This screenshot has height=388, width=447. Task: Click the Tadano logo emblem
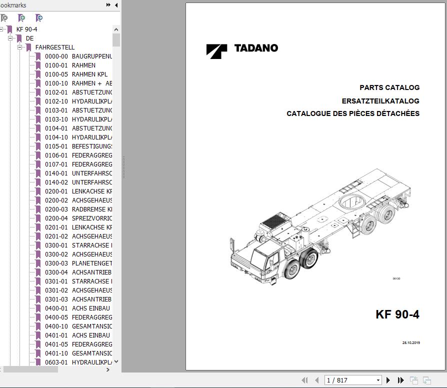[216, 51]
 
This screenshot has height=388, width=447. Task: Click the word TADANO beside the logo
[256, 48]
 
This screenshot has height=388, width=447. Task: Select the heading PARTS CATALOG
[389, 87]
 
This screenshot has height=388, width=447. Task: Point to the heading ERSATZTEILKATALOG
[380, 101]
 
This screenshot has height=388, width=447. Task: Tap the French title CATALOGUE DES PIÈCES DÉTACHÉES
[353, 113]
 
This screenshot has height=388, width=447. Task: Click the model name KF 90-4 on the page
[397, 314]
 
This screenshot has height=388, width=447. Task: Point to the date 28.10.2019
[411, 343]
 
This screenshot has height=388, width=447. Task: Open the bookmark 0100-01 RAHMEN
[70, 65]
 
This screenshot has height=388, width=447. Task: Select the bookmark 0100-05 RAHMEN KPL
[76, 74]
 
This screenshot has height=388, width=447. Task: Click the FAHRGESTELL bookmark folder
[54, 47]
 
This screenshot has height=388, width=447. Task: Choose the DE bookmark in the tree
[30, 38]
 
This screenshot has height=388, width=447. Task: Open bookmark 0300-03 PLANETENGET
[78, 263]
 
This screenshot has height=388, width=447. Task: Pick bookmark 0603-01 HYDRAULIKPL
[78, 362]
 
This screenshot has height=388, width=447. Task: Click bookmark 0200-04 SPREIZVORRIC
[78, 218]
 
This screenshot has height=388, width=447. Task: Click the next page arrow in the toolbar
[388, 380]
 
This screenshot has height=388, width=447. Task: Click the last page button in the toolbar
[400, 380]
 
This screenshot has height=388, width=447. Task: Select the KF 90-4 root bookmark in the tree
[26, 29]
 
